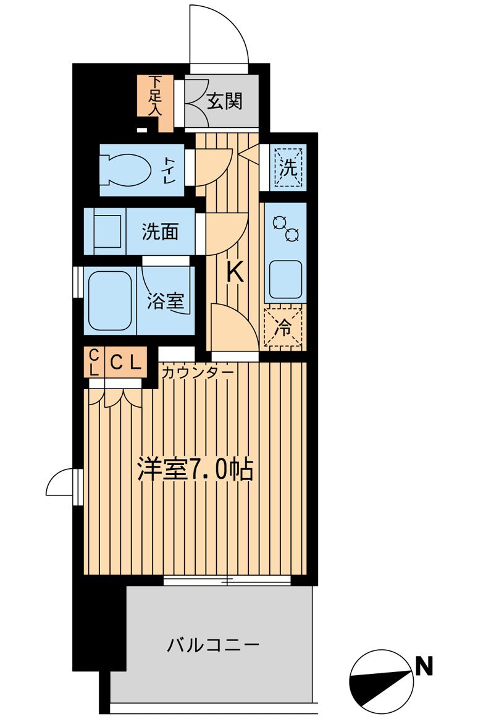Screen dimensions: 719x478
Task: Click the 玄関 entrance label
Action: tap(224, 101)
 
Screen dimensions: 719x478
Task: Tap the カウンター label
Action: tap(198, 373)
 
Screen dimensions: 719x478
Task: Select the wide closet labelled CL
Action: tap(126, 362)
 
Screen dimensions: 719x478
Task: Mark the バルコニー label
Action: tap(212, 646)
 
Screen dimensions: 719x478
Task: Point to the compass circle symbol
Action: tap(381, 681)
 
